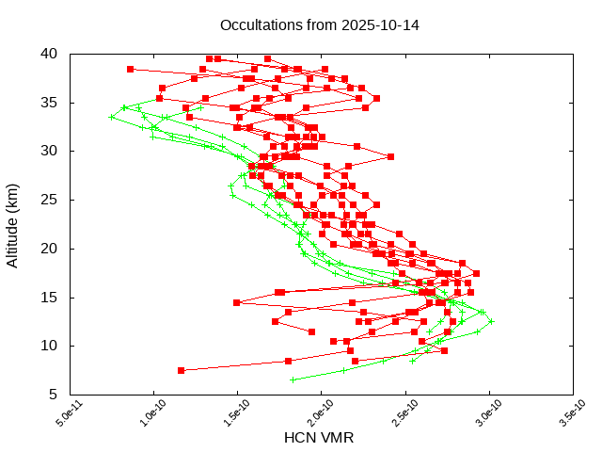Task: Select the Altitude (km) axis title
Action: point(13,224)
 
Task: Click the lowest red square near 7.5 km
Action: point(181,370)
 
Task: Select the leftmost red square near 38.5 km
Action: point(130,69)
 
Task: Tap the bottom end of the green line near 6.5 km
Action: point(293,379)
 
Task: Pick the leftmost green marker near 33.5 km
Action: point(112,117)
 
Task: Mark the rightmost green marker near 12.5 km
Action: point(491,321)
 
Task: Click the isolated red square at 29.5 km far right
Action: point(390,156)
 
